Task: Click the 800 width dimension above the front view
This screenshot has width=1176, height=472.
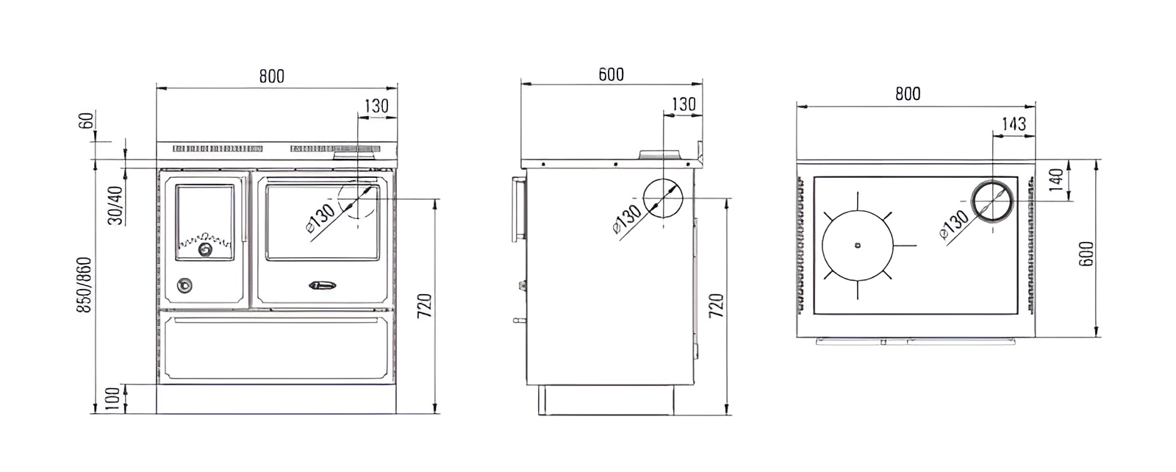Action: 271,76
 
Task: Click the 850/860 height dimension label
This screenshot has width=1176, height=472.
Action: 85,286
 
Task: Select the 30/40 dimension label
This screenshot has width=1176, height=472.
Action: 115,205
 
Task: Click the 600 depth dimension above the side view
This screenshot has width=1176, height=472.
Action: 611,74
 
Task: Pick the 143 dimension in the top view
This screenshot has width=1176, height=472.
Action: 1014,123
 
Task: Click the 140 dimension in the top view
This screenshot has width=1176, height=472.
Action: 1056,180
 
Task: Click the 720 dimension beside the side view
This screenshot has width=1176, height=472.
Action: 716,305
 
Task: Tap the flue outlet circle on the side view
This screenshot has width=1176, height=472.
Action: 663,198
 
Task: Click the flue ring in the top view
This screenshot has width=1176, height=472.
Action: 993,200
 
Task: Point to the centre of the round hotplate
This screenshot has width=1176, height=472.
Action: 858,246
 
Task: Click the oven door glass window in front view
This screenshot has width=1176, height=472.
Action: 321,221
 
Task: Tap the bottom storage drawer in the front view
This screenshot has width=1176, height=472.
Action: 276,350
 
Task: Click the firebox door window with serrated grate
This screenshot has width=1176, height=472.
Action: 206,221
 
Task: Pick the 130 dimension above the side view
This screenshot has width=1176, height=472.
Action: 683,104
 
